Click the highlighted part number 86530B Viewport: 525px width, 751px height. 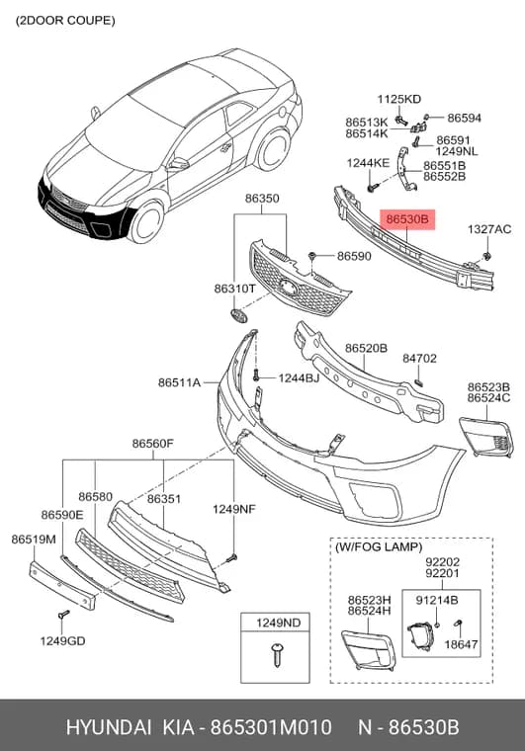[407, 219]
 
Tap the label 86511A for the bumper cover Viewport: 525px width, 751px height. [179, 382]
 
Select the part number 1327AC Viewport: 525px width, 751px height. [489, 229]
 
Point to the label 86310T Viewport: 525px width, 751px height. [234, 289]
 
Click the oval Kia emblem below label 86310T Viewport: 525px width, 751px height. [238, 315]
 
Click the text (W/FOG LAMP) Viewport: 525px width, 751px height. [379, 547]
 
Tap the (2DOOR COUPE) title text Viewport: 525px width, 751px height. [65, 21]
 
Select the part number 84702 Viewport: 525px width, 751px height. [419, 359]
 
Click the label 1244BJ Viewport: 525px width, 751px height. [299, 378]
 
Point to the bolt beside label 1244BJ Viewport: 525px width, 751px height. [256, 375]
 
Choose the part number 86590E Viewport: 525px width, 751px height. [61, 515]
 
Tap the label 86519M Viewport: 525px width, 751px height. [34, 540]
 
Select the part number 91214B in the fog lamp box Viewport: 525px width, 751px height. [436, 600]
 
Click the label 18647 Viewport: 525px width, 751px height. [461, 644]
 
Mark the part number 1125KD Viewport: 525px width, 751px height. [399, 99]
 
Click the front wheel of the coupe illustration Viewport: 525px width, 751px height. [146, 222]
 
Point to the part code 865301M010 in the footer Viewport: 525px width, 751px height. [271, 727]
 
